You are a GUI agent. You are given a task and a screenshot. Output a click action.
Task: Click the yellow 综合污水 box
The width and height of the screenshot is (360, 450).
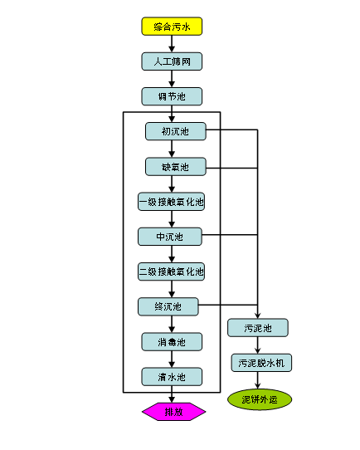point(172,27)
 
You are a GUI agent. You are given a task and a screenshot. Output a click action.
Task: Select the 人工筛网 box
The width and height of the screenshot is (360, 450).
point(172,61)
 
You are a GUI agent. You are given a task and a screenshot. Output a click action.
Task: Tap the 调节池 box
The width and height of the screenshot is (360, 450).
point(172,96)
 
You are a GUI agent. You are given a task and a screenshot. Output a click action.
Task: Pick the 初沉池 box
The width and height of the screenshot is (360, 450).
point(176,131)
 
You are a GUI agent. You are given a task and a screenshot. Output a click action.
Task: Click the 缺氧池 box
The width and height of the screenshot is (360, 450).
point(176,166)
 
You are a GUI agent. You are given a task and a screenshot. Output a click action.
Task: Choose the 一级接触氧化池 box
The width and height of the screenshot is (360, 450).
point(172,202)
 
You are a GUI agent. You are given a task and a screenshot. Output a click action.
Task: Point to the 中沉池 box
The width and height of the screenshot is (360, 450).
point(170,237)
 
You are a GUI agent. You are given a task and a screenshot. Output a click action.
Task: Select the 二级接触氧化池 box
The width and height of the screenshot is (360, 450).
point(172,271)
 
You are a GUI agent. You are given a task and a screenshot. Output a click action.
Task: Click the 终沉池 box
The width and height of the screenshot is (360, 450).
point(168,307)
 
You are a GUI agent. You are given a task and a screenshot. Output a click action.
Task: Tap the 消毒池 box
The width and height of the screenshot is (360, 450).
point(172,342)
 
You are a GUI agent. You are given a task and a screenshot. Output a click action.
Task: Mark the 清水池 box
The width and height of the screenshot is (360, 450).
point(172,377)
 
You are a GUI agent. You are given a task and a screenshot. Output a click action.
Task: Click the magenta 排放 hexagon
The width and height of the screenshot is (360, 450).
point(174,412)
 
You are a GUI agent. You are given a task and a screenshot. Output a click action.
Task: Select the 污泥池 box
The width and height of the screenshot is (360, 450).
point(258,328)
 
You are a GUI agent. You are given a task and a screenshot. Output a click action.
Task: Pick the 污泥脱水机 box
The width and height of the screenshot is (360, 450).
point(261,363)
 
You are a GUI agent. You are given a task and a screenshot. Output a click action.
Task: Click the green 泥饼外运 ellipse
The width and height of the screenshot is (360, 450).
point(260,399)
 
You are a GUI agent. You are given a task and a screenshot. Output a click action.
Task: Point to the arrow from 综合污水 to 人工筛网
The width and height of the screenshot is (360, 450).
point(172,44)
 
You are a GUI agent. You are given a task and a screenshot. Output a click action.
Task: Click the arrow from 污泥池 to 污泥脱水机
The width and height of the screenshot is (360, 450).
point(258,345)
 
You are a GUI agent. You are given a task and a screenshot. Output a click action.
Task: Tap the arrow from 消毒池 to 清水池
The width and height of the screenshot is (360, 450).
point(172,360)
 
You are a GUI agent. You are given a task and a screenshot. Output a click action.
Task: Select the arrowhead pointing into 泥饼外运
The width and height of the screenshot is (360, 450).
point(258,385)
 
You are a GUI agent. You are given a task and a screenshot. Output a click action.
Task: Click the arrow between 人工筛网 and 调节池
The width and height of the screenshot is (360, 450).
point(172,79)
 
